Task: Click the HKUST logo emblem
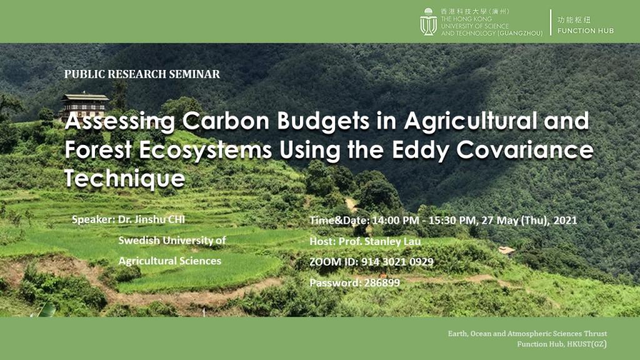428,22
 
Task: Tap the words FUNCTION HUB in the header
585,31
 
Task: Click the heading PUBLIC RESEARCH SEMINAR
142,74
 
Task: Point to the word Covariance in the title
525,149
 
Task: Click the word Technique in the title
125,178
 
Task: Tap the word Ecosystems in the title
205,150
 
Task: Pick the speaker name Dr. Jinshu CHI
151,219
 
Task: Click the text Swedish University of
172,240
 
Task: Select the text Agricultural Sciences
170,261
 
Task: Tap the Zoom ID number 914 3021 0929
397,262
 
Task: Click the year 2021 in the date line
565,221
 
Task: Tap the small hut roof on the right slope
506,250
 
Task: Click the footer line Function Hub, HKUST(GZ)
562,344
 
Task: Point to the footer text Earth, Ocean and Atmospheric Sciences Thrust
527,334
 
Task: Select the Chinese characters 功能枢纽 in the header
574,19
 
